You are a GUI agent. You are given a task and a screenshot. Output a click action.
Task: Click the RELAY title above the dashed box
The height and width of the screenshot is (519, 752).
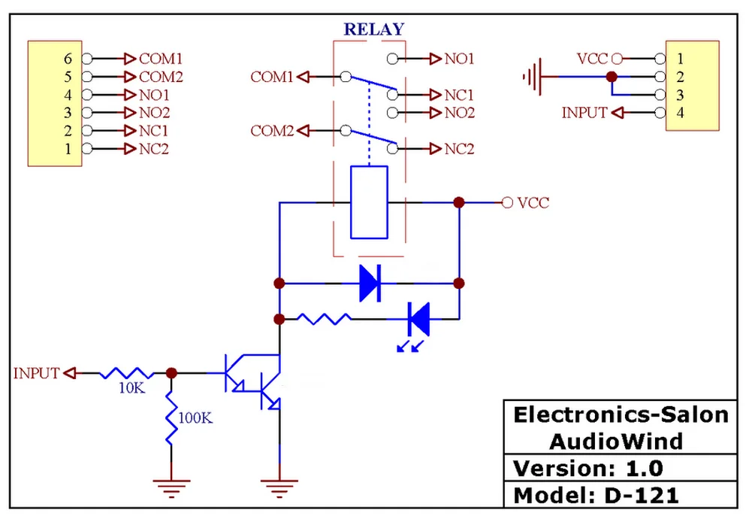click(373, 30)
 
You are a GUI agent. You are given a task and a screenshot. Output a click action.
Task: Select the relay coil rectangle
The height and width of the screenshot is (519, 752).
click(370, 202)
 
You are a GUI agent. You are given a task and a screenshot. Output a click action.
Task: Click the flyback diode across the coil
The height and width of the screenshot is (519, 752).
click(370, 284)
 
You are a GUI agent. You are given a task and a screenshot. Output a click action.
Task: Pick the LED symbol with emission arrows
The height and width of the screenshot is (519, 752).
click(418, 320)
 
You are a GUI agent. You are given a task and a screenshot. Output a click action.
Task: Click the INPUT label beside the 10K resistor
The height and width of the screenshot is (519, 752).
click(36, 373)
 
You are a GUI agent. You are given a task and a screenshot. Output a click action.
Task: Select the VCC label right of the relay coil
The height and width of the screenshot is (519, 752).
click(533, 203)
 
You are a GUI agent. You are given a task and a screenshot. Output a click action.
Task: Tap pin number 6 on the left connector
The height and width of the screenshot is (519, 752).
click(68, 58)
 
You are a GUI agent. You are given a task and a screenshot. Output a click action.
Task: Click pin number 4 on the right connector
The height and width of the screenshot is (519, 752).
click(681, 113)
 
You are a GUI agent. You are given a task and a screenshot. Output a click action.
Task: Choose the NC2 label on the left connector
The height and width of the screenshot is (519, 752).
click(154, 149)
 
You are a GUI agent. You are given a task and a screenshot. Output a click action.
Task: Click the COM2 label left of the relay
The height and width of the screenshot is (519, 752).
click(271, 131)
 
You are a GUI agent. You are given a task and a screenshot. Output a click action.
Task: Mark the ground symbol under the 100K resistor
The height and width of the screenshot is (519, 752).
click(171, 487)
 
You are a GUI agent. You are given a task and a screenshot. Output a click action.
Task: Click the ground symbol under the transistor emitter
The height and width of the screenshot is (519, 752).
click(279, 487)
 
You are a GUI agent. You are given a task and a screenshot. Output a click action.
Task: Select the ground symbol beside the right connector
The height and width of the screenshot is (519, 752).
click(532, 77)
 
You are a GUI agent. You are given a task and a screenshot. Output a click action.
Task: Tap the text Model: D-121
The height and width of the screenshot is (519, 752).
click(596, 496)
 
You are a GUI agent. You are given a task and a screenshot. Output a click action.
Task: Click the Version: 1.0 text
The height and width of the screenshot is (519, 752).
click(588, 468)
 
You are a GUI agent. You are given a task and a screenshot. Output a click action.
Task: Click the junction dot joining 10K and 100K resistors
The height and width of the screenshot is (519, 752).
click(171, 373)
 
